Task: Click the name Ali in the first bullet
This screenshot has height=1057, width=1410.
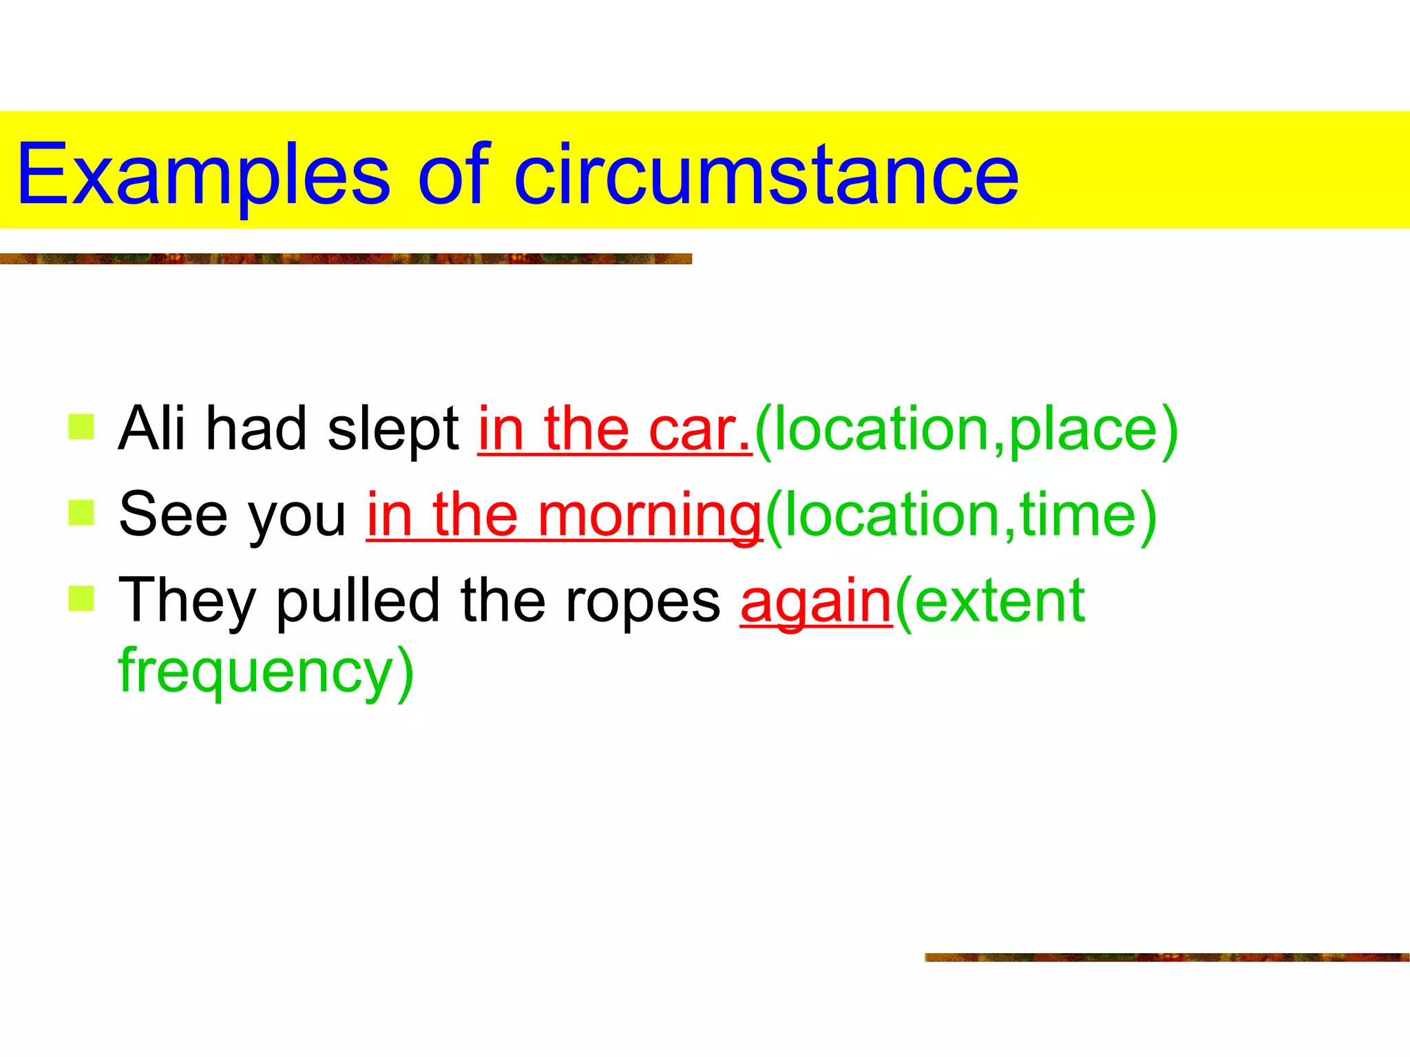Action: click(x=152, y=428)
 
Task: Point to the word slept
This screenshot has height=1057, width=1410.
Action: click(x=393, y=429)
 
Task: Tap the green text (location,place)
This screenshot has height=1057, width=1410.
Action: click(x=967, y=429)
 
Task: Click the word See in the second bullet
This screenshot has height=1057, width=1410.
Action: click(x=173, y=514)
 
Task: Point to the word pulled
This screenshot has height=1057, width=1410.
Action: click(x=358, y=601)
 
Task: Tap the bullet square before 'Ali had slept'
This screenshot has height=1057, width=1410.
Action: click(x=81, y=427)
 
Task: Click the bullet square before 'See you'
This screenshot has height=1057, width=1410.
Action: click(x=81, y=513)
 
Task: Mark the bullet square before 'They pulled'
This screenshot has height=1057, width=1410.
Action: click(x=81, y=598)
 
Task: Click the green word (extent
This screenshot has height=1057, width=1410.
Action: click(x=990, y=601)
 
